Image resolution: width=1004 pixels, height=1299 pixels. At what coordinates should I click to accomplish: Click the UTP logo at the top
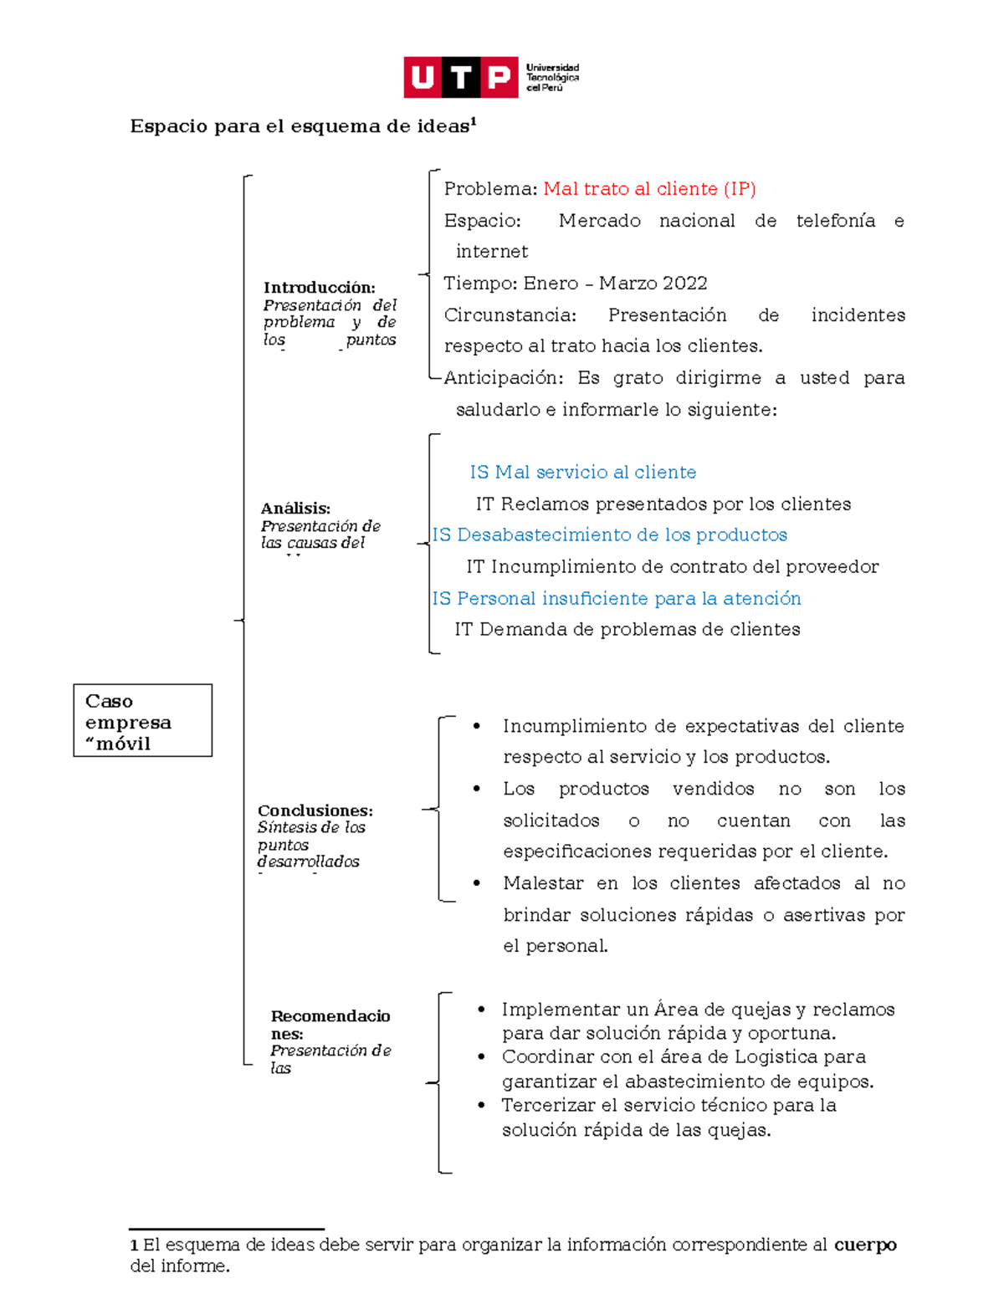[490, 77]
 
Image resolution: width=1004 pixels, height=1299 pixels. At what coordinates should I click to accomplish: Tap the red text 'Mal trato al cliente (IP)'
[649, 189]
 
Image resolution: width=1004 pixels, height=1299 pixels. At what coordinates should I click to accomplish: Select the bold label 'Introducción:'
[319, 288]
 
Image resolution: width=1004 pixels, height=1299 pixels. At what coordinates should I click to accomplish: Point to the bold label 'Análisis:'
[295, 509]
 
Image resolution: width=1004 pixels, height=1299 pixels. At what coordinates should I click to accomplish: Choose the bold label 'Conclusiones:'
[315, 811]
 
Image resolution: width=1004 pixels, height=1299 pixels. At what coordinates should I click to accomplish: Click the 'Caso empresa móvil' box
[142, 721]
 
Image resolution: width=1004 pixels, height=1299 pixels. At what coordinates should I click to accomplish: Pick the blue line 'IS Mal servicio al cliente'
[582, 473]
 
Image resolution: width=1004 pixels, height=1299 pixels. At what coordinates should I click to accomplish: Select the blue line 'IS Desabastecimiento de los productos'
[609, 535]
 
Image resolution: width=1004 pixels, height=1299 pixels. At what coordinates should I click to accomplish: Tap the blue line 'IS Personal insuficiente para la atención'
[617, 599]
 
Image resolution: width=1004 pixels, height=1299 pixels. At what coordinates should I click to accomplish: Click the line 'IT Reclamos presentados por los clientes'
[663, 504]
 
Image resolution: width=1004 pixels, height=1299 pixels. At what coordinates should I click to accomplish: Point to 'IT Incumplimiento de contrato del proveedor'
[672, 567]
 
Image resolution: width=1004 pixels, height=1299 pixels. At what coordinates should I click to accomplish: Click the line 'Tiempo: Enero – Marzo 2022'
[575, 284]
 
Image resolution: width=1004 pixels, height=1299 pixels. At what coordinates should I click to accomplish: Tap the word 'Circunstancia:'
[510, 315]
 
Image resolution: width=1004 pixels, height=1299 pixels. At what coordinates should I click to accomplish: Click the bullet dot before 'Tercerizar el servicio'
[481, 1105]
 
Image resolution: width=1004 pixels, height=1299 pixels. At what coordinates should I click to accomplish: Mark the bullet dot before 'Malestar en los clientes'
[476, 882]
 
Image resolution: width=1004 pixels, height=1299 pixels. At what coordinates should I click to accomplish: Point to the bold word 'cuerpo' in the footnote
[865, 1245]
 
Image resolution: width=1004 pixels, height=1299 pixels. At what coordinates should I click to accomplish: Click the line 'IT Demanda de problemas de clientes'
[627, 630]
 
